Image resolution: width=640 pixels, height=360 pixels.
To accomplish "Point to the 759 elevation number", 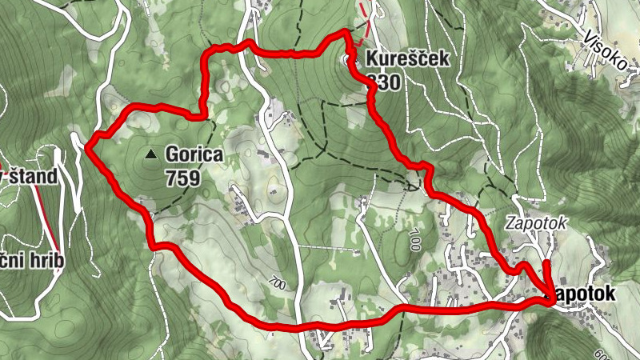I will point(182,178).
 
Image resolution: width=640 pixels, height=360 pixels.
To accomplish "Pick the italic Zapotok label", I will point(535,224).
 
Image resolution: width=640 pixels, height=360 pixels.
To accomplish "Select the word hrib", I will point(42,261).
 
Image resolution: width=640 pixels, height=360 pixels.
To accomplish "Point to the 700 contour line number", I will point(277,284).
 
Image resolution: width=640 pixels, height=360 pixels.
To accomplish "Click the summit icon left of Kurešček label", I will point(350,59).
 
